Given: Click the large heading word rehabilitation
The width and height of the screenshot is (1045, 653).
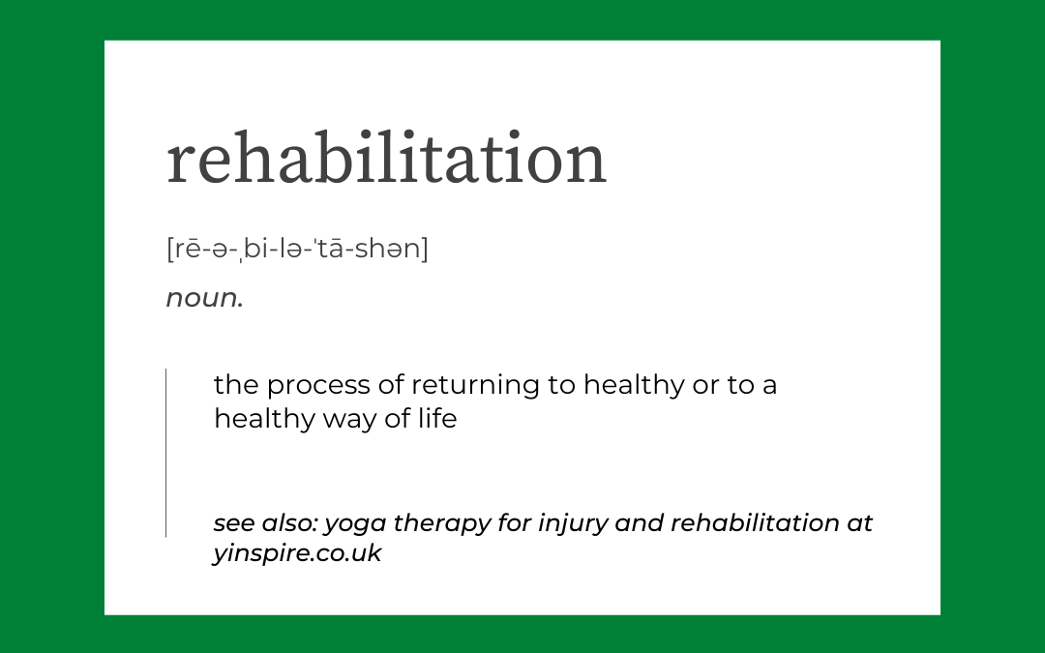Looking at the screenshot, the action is tap(386, 157).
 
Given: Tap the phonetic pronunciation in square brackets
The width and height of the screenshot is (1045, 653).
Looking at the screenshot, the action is tap(297, 249).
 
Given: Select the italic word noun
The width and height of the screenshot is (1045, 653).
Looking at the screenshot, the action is tap(204, 298).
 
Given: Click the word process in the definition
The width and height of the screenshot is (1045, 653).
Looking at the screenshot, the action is tap(318, 386).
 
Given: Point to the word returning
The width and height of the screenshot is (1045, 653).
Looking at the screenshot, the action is tap(475, 386).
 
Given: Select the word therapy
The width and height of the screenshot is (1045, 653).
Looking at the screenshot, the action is tap(442, 523).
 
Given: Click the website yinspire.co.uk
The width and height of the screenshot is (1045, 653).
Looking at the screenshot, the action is tap(297, 553).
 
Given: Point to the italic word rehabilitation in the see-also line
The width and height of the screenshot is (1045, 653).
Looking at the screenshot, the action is tap(755, 523).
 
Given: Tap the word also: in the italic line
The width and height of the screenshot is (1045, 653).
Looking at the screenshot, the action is tap(289, 523).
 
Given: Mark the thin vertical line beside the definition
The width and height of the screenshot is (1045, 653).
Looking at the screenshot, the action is tap(166, 453).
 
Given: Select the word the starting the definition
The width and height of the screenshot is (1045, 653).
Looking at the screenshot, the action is tap(235, 384).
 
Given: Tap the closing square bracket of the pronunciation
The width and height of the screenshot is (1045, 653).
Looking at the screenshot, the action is tap(425, 249).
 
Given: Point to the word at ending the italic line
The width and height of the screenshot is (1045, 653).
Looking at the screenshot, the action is tap(860, 524).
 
